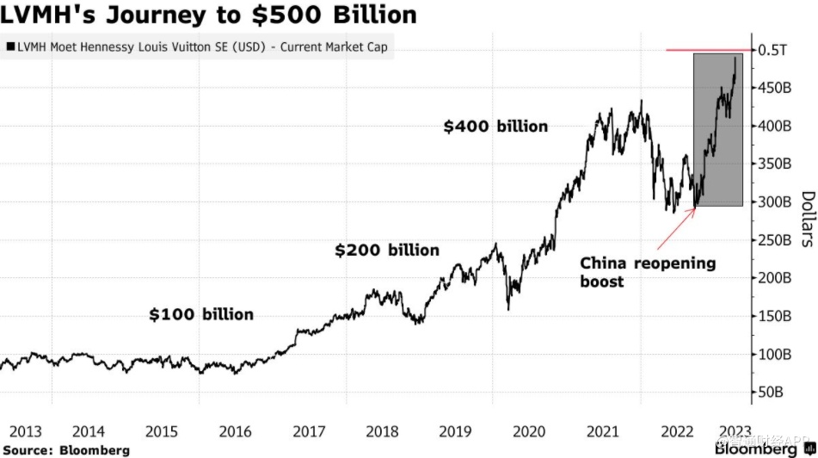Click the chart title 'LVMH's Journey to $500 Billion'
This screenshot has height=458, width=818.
click(x=210, y=15)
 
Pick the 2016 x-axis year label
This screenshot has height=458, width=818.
click(x=236, y=431)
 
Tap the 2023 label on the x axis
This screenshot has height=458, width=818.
click(x=735, y=431)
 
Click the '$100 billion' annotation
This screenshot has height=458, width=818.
click(x=201, y=314)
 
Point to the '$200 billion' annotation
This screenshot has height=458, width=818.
click(x=387, y=251)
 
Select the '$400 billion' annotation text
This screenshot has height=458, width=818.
click(x=495, y=127)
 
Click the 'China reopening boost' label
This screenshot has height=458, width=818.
click(x=647, y=271)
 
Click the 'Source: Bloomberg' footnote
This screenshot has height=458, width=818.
click(x=65, y=450)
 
